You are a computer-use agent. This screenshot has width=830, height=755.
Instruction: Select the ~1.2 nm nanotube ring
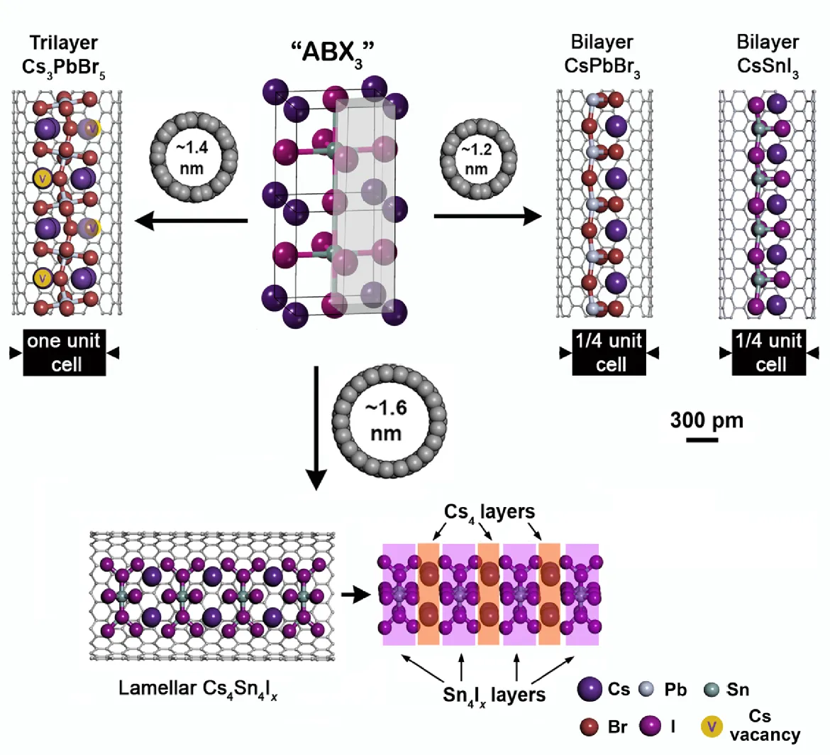point(477,158)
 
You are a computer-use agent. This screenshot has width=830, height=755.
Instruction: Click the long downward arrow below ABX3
point(317,426)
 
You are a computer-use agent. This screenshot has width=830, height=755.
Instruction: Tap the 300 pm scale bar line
point(702,440)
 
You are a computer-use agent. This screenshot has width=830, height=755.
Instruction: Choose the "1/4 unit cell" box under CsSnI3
point(770,352)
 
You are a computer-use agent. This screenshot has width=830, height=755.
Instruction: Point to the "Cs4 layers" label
point(489,511)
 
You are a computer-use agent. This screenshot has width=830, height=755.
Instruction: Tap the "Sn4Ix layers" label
point(494,694)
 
